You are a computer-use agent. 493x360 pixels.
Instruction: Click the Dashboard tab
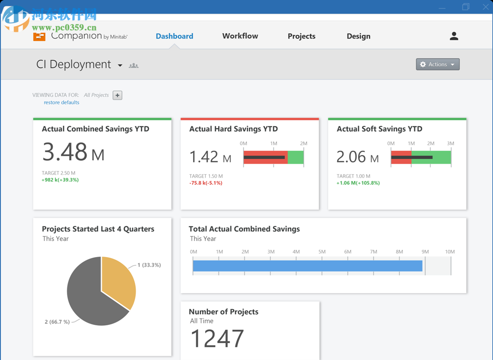(x=174, y=36)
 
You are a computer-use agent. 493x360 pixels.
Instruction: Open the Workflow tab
(x=240, y=36)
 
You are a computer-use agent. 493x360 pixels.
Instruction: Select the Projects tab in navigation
(x=301, y=36)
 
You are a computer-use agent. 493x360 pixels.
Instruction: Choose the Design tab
(x=358, y=36)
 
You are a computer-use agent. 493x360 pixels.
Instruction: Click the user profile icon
(x=454, y=36)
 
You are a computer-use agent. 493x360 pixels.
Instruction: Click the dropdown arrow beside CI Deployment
(x=120, y=65)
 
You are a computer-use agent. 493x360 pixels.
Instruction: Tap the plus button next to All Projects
(x=117, y=95)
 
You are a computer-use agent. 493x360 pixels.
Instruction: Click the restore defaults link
(x=62, y=103)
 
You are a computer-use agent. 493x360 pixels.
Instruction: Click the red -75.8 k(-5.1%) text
(x=206, y=183)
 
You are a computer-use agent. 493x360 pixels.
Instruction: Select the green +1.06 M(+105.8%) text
(x=358, y=183)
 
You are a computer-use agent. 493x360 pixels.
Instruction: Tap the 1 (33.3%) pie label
(x=149, y=265)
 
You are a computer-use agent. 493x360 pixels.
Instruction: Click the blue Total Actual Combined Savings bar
(x=307, y=266)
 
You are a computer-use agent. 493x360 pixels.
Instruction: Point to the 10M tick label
(x=450, y=252)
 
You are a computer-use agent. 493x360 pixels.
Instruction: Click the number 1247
(x=217, y=338)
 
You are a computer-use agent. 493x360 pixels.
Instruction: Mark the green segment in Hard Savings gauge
(x=296, y=157)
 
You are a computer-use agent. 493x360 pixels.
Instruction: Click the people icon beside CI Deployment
(x=133, y=65)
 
